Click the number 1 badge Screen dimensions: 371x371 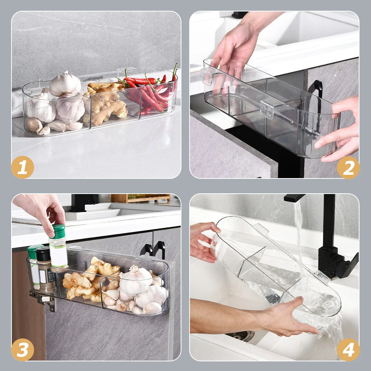(x=23, y=167)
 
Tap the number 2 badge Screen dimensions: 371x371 (x=348, y=167)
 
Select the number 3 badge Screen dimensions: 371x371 (x=23, y=350)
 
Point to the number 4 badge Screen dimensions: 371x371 (x=348, y=350)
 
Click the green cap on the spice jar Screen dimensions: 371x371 (x=58, y=231)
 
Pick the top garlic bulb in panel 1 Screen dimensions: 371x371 (x=65, y=84)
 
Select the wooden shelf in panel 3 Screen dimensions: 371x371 (x=141, y=198)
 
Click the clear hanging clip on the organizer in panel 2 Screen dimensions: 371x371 (x=267, y=109)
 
